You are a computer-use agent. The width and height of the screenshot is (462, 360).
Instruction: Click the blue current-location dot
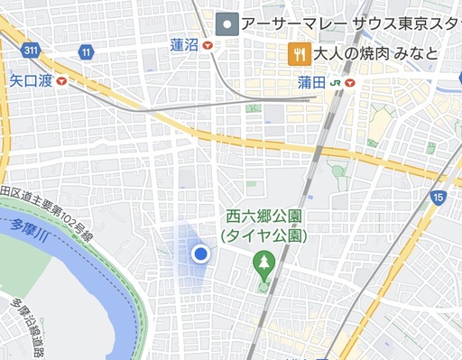[201, 254]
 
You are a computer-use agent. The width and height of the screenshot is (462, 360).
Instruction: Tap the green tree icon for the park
[264, 263]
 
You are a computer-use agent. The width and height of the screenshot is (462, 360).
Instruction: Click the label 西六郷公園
[264, 217]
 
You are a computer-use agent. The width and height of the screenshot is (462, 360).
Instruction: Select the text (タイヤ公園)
[264, 235]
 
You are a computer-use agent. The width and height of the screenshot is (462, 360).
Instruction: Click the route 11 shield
[86, 52]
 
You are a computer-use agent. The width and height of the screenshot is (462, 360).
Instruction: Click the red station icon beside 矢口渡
[60, 81]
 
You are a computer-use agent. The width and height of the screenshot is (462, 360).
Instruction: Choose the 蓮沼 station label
[185, 44]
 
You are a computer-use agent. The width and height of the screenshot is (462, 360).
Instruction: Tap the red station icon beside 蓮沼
[208, 44]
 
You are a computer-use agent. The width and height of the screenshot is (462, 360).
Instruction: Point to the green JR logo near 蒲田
[335, 82]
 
